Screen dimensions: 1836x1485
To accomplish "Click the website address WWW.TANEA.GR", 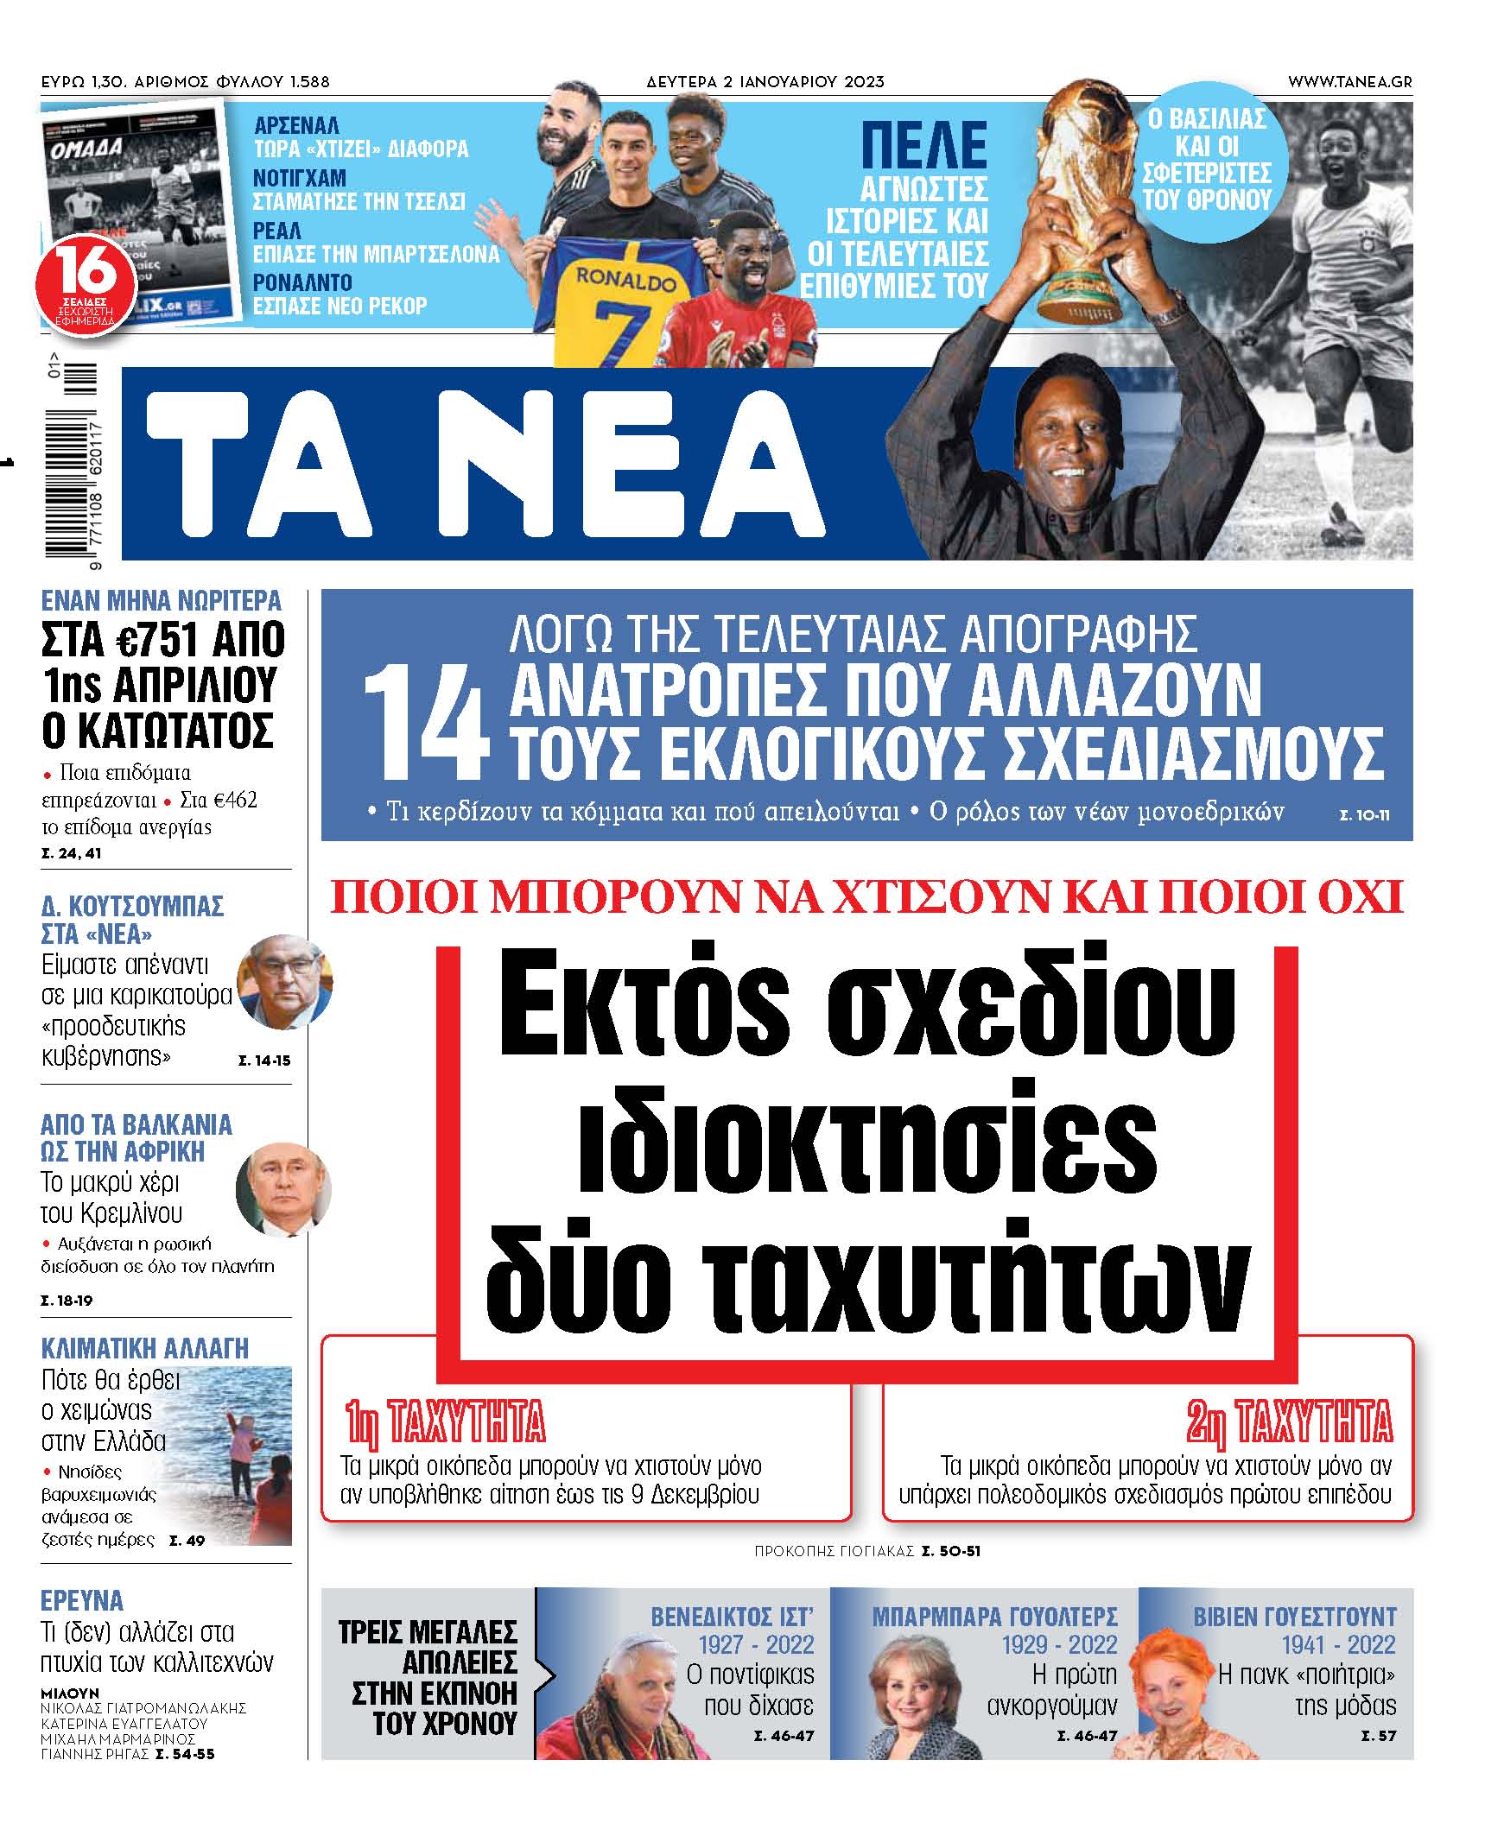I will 1349,82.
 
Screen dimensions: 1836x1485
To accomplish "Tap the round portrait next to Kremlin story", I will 282,1190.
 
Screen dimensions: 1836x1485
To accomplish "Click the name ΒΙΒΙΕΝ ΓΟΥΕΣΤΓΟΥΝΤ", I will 1294,1617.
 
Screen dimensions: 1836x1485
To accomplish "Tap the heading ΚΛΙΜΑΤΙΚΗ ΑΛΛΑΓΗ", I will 144,1348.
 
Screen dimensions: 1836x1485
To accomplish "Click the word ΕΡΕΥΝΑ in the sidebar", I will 82,1600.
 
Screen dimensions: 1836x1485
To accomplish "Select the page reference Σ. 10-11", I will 1364,814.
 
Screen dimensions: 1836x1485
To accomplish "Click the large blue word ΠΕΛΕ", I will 923,146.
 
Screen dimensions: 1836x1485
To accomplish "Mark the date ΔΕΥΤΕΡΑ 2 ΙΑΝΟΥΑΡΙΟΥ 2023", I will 765,82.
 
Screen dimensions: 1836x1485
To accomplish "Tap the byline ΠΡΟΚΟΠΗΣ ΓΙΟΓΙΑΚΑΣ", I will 834,1552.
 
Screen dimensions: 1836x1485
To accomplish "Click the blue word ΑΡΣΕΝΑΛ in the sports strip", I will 296,125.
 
